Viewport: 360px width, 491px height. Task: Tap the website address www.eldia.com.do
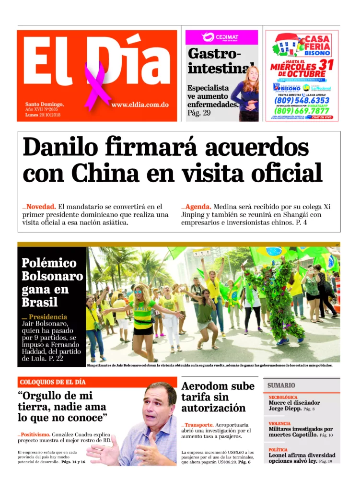pyautogui.click(x=140, y=104)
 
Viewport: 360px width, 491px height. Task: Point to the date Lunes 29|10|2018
pyautogui.click(x=43, y=115)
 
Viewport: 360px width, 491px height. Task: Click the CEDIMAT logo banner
pyautogui.click(x=221, y=37)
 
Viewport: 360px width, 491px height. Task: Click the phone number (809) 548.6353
pyautogui.click(x=302, y=101)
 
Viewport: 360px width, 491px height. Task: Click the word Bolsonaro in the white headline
pyautogui.click(x=52, y=276)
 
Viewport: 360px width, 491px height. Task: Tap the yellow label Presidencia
pyautogui.click(x=48, y=317)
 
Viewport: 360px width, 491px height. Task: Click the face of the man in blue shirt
pyautogui.click(x=160, y=404)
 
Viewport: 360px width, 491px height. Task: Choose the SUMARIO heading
pyautogui.click(x=281, y=385)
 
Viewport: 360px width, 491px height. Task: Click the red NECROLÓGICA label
pyautogui.click(x=283, y=397)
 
